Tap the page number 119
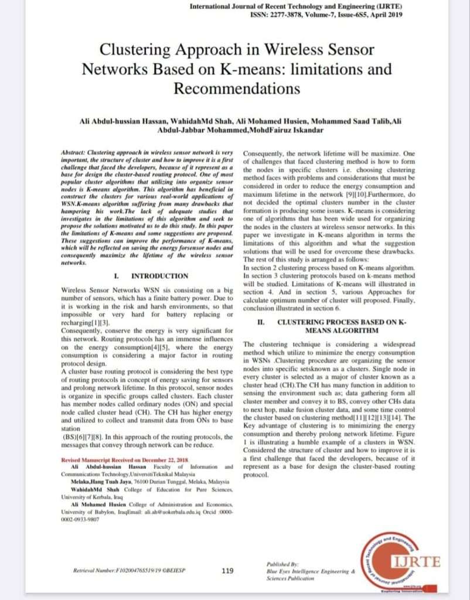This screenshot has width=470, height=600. [229, 570]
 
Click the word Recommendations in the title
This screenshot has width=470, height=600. [237, 88]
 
